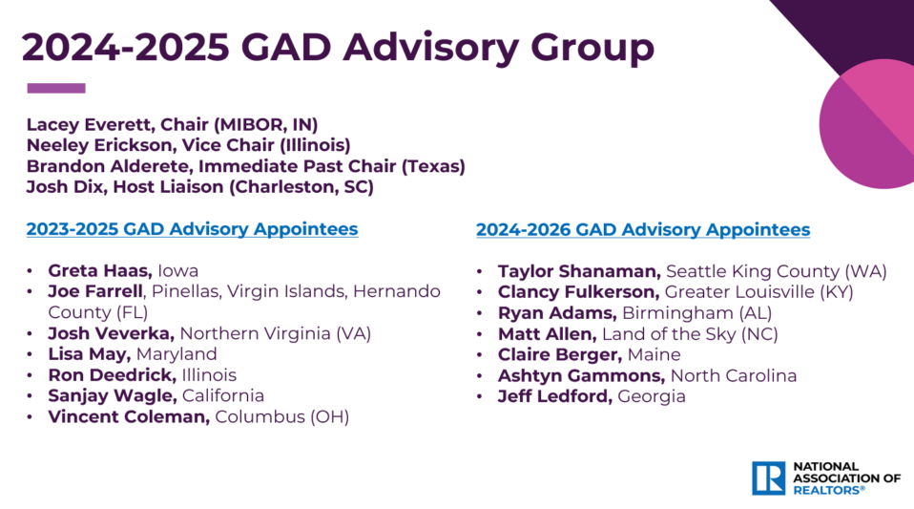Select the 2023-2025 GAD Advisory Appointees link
[192, 229]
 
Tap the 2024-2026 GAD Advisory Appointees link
[642, 229]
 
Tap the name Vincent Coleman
[129, 416]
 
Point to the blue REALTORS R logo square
[768, 477]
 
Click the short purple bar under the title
[56, 89]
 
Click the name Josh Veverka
[112, 333]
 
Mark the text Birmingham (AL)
[696, 312]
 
